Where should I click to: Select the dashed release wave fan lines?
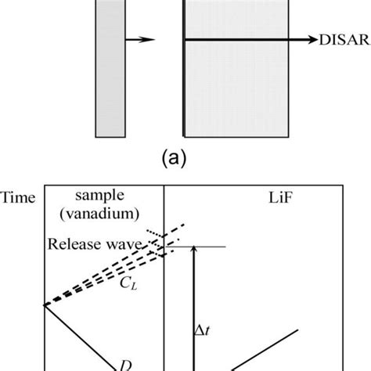pos(102,275)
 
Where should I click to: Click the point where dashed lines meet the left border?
pos(45,304)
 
